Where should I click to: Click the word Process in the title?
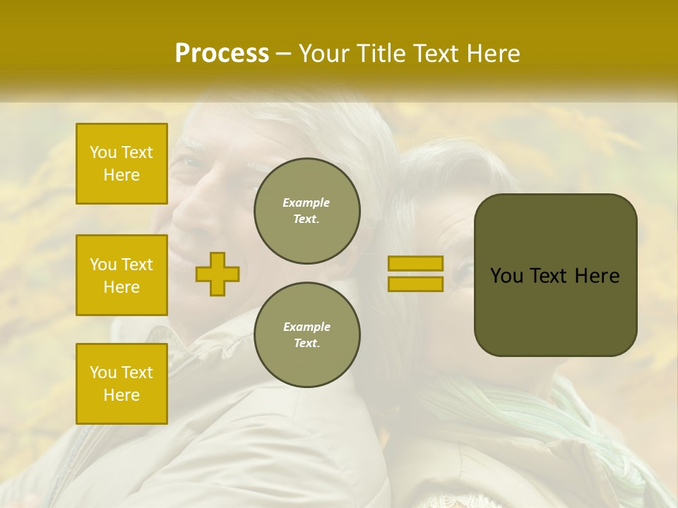[222, 54]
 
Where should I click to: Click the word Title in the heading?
[383, 54]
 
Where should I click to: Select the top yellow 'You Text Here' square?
[121, 164]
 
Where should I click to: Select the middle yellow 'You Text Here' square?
[121, 275]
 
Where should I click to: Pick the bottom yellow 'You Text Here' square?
[121, 384]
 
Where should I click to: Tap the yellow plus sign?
[218, 274]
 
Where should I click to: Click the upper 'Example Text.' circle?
[307, 211]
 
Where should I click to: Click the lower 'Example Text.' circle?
[307, 335]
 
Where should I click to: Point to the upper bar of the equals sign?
[415, 263]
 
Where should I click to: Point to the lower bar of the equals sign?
[415, 284]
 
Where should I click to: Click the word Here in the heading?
[492, 54]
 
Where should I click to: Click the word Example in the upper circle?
[307, 202]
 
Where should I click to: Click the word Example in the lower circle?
[307, 327]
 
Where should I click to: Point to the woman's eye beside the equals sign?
[465, 270]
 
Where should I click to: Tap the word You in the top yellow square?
[103, 152]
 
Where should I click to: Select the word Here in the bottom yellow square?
[121, 395]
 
